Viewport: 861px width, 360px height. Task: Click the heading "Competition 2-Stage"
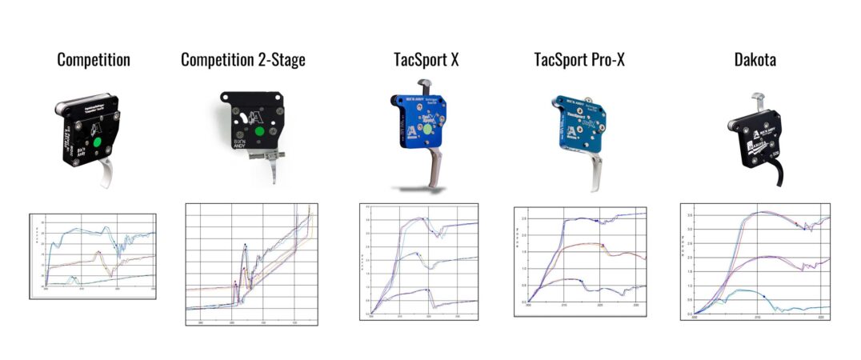(242, 60)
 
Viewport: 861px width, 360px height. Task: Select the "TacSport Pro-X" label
(579, 60)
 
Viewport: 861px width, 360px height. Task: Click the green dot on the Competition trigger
(97, 143)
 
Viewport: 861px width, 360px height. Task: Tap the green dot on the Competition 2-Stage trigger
(258, 133)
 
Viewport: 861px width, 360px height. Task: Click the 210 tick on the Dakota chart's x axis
(758, 318)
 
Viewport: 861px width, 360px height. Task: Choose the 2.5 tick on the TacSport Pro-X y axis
(521, 218)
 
